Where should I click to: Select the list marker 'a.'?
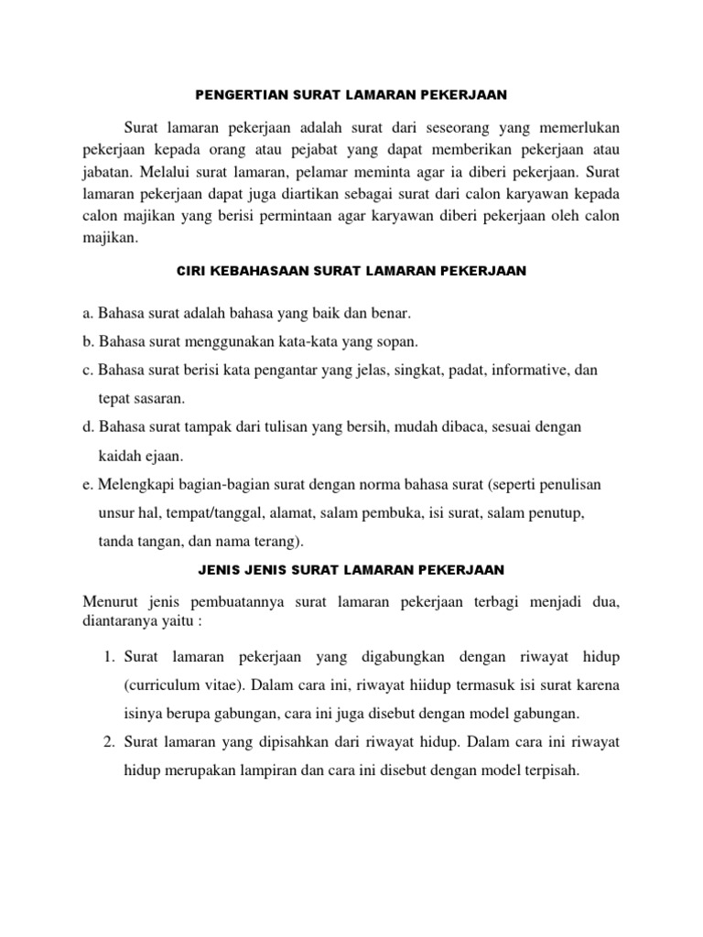click(x=89, y=314)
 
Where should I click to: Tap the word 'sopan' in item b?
click(x=397, y=341)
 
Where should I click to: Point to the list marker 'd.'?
click(x=89, y=427)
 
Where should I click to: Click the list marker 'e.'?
click(x=89, y=484)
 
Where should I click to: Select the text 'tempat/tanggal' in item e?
click(x=211, y=512)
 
